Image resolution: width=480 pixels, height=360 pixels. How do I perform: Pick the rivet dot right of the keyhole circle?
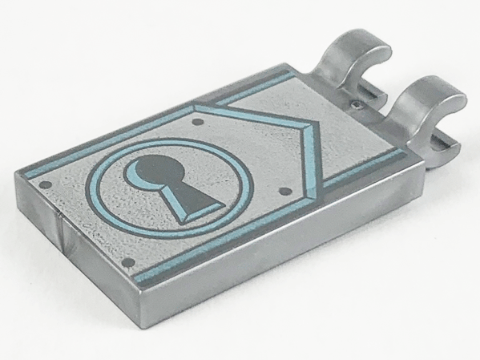tap(287, 189)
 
